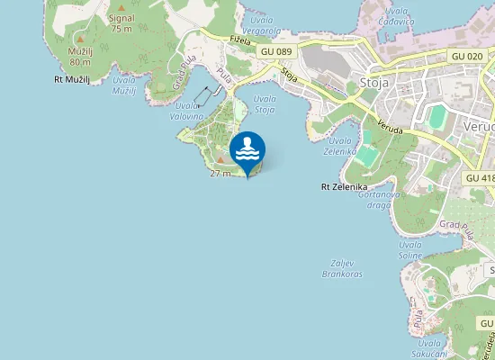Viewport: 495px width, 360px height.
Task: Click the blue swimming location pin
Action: click(x=247, y=151)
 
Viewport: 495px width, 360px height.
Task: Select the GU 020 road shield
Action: click(x=467, y=56)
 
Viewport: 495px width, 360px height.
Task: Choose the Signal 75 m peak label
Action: click(x=121, y=22)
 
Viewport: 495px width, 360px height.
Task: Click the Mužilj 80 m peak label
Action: click(x=80, y=56)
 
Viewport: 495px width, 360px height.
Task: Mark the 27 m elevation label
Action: click(x=220, y=172)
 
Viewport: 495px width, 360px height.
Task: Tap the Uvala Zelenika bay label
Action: click(x=341, y=146)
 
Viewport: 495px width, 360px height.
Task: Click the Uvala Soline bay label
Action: click(x=409, y=250)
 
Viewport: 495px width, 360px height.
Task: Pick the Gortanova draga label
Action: click(x=373, y=200)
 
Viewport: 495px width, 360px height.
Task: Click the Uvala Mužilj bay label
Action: click(x=124, y=85)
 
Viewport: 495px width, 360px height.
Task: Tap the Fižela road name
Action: click(x=238, y=40)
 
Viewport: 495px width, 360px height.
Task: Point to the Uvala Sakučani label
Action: click(x=429, y=348)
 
